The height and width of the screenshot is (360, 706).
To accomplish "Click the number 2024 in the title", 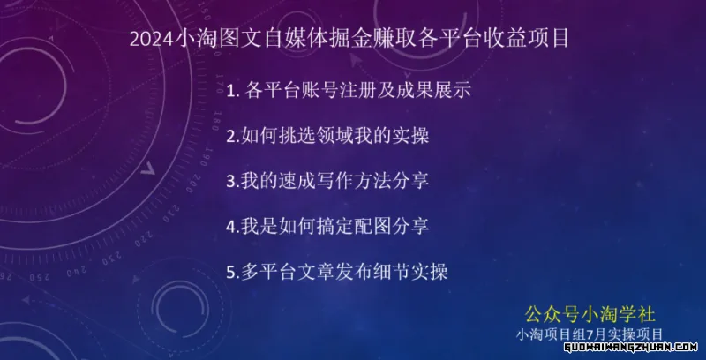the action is pos(151,39).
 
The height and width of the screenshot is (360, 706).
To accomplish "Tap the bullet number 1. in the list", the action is pos(232,92).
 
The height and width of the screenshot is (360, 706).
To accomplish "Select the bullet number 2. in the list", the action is pos(233,137).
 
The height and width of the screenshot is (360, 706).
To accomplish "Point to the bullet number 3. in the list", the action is pos(233,182).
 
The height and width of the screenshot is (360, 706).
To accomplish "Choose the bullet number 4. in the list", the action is pos(233,227).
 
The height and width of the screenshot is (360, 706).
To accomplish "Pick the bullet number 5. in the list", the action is pos(233,273).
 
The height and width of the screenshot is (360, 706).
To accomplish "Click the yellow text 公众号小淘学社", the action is pos(590,314).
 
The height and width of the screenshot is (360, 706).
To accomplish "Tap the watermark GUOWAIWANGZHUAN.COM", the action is pos(631,347).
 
